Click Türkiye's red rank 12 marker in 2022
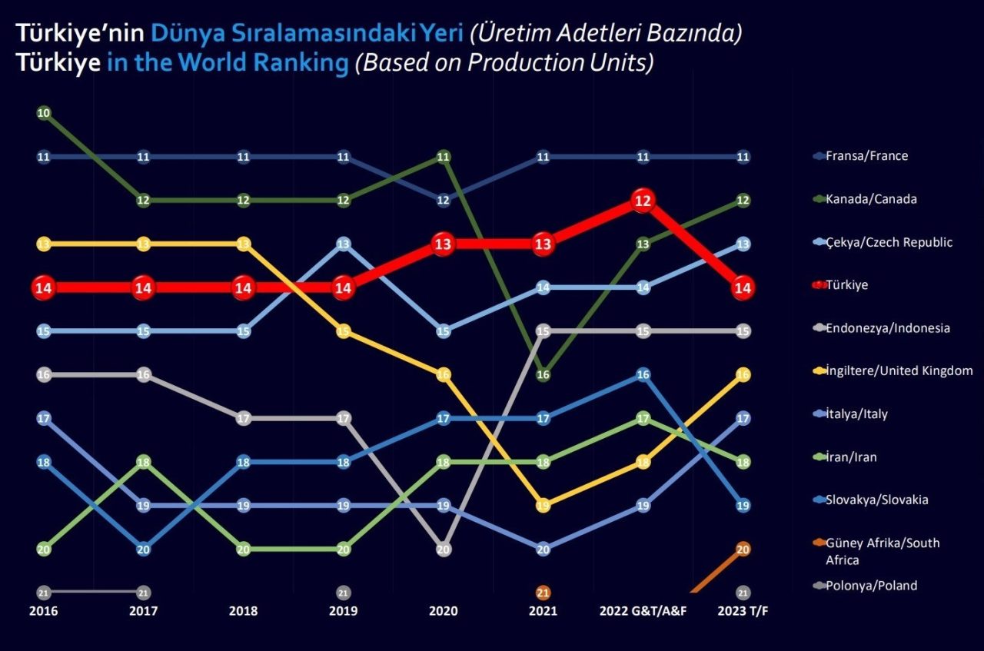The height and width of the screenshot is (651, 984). [643, 201]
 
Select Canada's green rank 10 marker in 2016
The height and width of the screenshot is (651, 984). [44, 114]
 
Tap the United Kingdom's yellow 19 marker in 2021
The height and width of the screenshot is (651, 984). [543, 506]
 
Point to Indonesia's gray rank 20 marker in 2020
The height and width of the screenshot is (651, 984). [443, 550]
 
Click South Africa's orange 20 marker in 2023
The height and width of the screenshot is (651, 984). [743, 550]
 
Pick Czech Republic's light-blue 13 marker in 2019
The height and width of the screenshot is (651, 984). [344, 244]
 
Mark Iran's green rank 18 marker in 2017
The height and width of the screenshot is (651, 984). [144, 462]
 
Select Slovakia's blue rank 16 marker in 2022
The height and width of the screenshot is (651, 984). [643, 375]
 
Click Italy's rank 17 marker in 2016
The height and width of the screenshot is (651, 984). [44, 419]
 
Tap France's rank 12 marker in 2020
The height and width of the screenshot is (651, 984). [443, 201]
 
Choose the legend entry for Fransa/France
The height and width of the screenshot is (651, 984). [866, 156]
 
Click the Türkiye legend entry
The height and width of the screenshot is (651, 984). [846, 285]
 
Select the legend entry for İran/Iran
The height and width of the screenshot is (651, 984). [851, 457]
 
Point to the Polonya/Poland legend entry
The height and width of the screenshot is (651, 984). [871, 586]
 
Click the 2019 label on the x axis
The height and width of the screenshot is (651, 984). [344, 612]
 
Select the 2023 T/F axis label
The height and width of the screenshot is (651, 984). [743, 612]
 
